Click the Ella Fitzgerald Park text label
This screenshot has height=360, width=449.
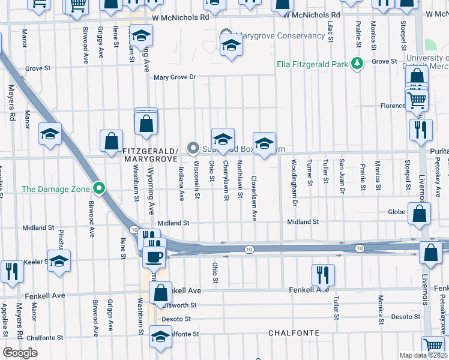coord(312,64)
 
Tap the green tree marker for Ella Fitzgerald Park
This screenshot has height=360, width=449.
coord(357,62)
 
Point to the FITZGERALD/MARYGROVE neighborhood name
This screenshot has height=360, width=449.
coord(150,155)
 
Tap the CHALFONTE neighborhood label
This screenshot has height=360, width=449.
coord(294,332)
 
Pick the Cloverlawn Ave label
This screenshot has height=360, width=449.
coord(254,190)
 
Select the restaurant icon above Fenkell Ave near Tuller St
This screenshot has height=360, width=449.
coord(323,274)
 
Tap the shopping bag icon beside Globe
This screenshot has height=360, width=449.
coord(420,213)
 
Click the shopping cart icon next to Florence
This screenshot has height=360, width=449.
coord(417,100)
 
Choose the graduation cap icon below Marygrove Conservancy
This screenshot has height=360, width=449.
coord(231,46)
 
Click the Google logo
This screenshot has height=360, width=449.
coord(20,353)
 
